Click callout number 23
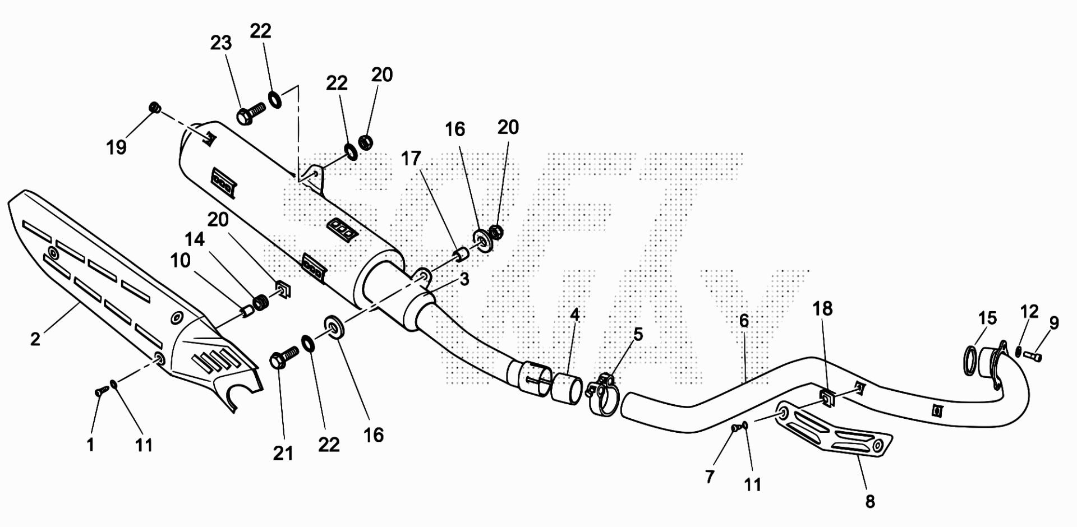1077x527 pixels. click(x=221, y=43)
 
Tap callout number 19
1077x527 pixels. click(x=117, y=147)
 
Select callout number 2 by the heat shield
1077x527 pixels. click(x=35, y=339)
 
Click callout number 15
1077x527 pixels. click(x=987, y=318)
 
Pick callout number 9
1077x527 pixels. click(x=1054, y=323)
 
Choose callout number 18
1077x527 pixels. click(x=823, y=308)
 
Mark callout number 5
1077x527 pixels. click(x=638, y=334)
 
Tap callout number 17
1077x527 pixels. click(x=411, y=159)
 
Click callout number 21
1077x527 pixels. click(x=283, y=453)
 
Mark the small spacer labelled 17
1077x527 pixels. click(x=461, y=255)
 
